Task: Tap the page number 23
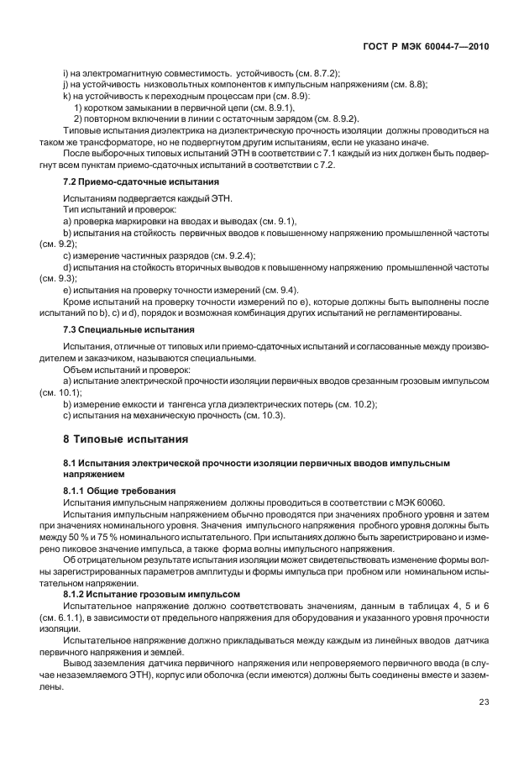[x=484, y=726]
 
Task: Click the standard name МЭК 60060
[x=421, y=502]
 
